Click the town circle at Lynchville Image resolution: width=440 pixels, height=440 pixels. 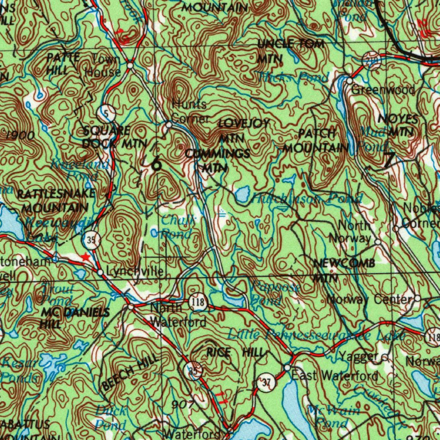click(100, 272)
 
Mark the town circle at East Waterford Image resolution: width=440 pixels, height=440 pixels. click(287, 368)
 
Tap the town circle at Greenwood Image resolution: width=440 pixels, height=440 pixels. click(350, 81)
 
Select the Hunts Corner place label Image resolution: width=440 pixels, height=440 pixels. click(190, 111)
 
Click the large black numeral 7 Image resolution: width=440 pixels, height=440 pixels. click(388, 159)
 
